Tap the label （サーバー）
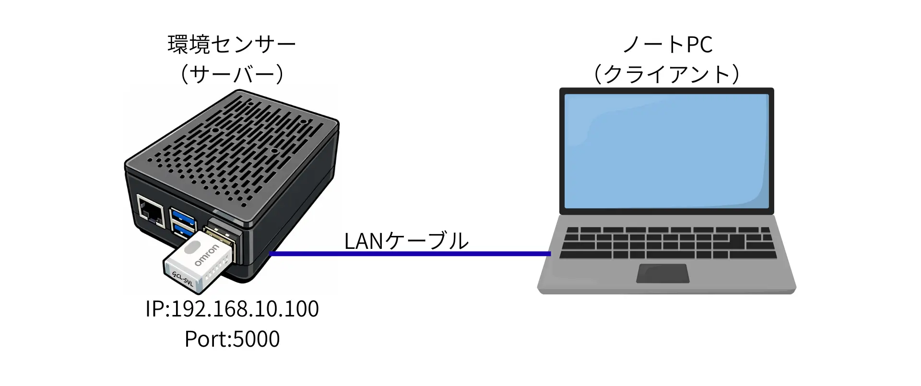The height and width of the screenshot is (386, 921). [x=232, y=75]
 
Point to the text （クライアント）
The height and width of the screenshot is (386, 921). [x=667, y=75]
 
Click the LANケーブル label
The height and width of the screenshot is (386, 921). [x=406, y=241]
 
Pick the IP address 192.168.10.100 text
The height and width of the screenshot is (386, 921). [x=232, y=309]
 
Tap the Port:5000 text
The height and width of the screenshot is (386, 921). [x=232, y=339]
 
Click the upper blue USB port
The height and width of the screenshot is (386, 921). [x=182, y=214]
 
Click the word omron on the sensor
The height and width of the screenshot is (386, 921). [x=207, y=256]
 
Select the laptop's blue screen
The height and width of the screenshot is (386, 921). [x=666, y=151]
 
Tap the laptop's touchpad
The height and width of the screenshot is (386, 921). [x=662, y=273]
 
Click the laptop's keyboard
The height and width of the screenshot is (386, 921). [x=667, y=242]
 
